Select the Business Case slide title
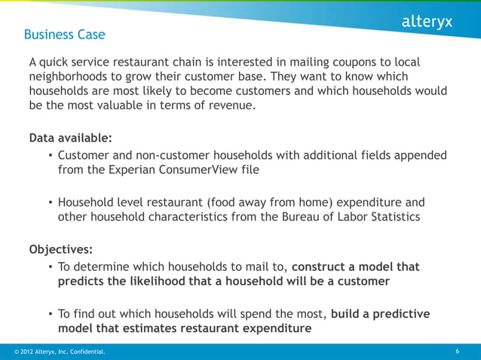tap(64, 35)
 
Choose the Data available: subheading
tap(70, 139)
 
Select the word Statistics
tap(414, 218)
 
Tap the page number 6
tap(458, 352)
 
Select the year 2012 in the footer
tap(24, 352)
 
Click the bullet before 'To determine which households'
tap(51, 267)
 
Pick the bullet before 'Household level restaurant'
tap(51, 203)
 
